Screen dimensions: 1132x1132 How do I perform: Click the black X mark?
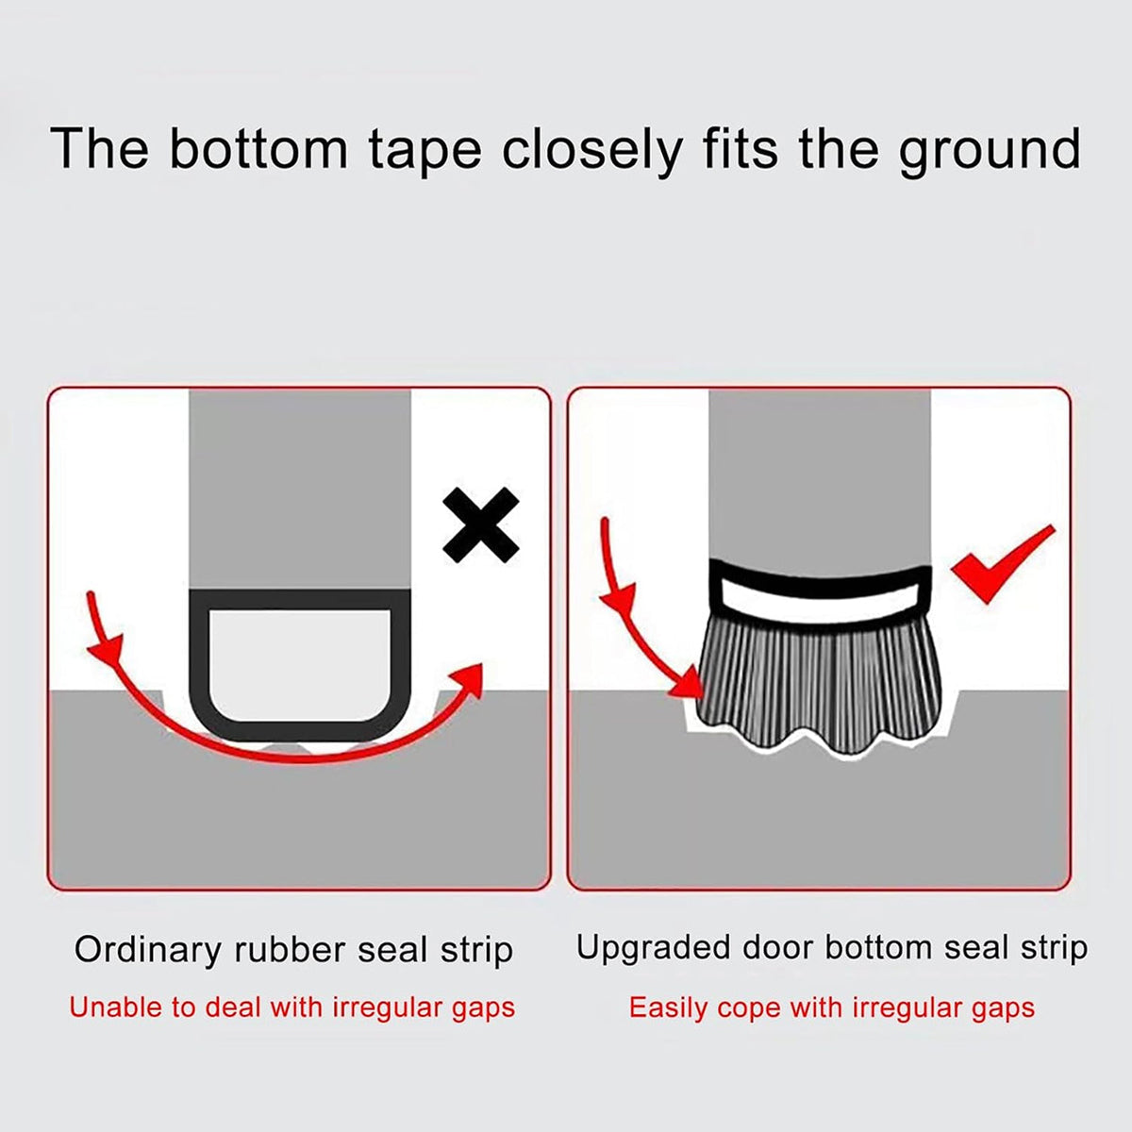pyautogui.click(x=481, y=525)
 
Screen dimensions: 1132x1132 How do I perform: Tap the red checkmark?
pyautogui.click(x=1003, y=564)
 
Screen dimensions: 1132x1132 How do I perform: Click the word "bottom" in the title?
pyautogui.click(x=258, y=149)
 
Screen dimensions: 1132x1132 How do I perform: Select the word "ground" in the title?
pyautogui.click(x=990, y=153)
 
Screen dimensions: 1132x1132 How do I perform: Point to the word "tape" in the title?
pyautogui.click(x=425, y=153)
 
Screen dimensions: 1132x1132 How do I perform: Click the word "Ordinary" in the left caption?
pyautogui.click(x=148, y=950)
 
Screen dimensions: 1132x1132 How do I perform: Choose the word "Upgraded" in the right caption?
pyautogui.click(x=653, y=949)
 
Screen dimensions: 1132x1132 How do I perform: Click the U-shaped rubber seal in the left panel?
pyautogui.click(x=300, y=732)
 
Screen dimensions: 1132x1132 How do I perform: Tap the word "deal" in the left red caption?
pyautogui.click(x=233, y=1007)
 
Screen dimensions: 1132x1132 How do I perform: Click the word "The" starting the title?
pyautogui.click(x=100, y=149)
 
